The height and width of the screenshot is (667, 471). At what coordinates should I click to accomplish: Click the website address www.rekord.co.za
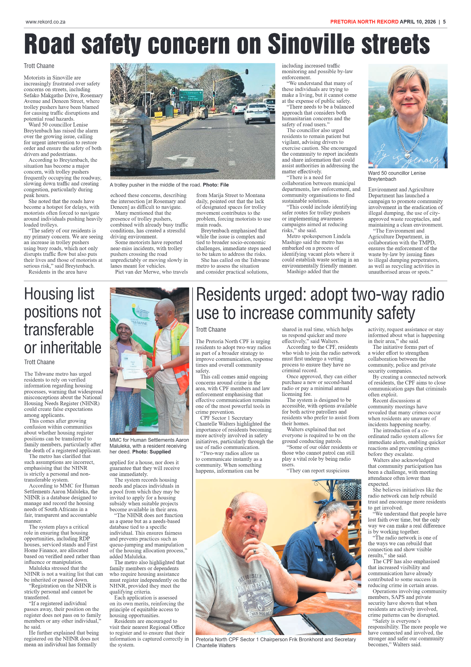(x=45, y=22)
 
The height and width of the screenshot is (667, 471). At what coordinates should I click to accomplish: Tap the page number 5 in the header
(x=444, y=22)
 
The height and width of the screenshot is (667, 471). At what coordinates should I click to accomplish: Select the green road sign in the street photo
(x=191, y=95)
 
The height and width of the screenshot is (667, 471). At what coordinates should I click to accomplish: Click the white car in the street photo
(x=257, y=112)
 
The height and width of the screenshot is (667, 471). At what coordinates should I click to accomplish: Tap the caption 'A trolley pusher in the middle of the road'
(x=156, y=185)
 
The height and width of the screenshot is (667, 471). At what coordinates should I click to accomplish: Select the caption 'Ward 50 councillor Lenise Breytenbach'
(x=396, y=176)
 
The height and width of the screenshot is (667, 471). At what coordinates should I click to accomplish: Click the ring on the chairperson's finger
(x=254, y=551)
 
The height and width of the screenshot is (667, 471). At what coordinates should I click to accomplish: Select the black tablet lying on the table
(x=333, y=622)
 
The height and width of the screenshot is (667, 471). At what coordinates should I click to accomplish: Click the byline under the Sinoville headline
(x=39, y=66)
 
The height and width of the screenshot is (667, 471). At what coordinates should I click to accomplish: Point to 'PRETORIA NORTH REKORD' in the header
(x=364, y=22)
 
